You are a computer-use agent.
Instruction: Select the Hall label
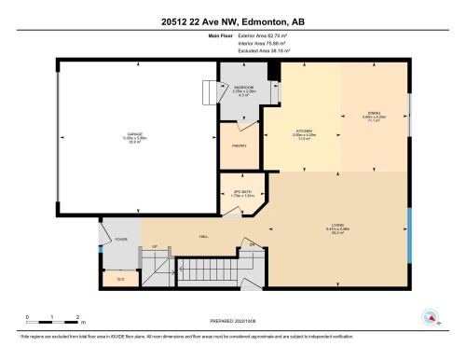tap(202, 237)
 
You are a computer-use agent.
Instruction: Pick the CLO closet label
tap(120, 279)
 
